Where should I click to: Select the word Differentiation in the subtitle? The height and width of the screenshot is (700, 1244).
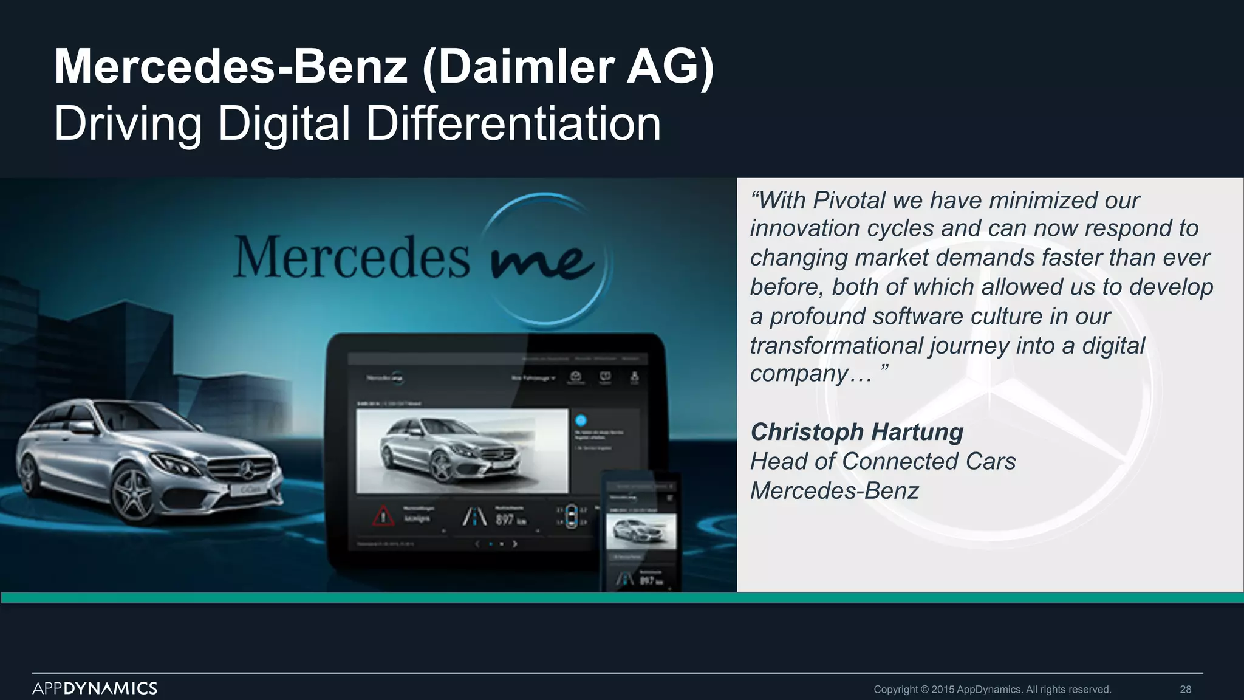[x=513, y=124]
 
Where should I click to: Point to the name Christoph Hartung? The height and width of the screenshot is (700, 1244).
[x=856, y=432]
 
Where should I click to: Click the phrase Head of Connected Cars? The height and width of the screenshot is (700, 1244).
[x=883, y=461]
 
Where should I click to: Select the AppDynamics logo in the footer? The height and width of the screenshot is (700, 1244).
[x=95, y=688]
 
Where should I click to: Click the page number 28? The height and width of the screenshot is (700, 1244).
[x=1185, y=690]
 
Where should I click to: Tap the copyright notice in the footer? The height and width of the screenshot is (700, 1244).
[x=992, y=690]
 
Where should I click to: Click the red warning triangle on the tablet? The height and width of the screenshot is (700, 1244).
[x=383, y=516]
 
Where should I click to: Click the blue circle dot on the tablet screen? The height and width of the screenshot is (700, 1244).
[x=581, y=420]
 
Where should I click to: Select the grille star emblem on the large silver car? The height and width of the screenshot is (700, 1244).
[x=247, y=469]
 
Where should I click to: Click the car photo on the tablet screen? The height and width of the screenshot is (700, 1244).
[x=462, y=450]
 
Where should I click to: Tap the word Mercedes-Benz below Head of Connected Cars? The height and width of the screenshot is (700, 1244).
[x=834, y=490]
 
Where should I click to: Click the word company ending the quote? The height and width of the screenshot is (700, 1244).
[x=798, y=373]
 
